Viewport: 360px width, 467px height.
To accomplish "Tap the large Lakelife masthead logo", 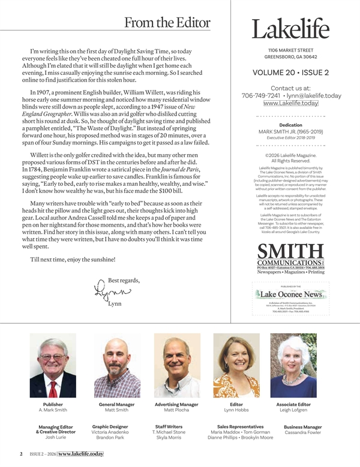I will [290, 29].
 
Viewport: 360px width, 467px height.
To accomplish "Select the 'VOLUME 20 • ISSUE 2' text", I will [290, 73].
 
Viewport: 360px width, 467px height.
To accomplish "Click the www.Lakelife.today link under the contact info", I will [290, 103].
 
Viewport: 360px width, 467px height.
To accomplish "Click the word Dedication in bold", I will [290, 125].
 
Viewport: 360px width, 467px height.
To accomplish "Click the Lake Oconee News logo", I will [290, 294].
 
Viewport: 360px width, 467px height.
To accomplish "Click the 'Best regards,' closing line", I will [123, 281].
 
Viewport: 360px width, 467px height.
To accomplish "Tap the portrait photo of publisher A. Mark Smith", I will [53, 366].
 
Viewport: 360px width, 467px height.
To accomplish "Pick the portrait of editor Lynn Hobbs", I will [228, 366].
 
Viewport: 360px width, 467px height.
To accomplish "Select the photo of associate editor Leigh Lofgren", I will [293, 366].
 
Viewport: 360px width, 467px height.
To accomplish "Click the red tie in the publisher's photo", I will [53, 388].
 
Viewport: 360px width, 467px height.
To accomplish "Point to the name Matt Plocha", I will [176, 411].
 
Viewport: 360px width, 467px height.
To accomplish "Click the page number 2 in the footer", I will [21, 454].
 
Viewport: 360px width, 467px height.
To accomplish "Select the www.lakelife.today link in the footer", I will [81, 454].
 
